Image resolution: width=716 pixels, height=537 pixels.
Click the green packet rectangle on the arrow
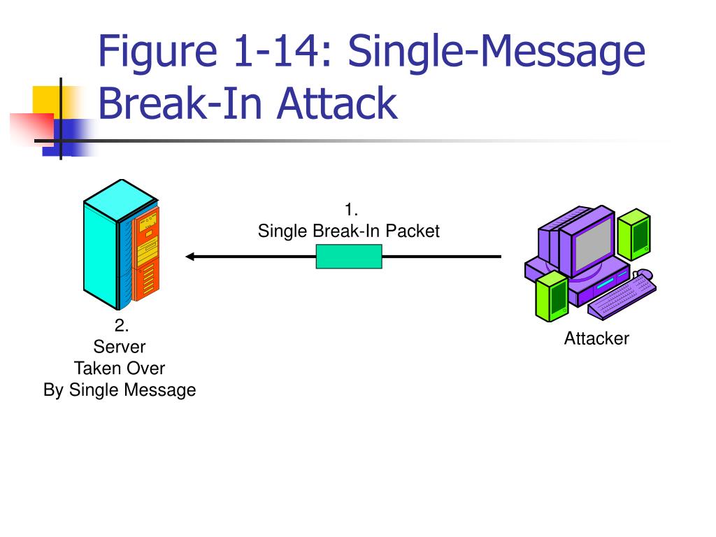point(349,257)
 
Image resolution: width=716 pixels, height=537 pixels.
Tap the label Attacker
point(596,338)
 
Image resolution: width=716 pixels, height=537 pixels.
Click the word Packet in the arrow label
point(413,231)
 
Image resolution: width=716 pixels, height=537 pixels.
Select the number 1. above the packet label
point(351,210)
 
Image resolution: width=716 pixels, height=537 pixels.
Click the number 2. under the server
point(121,325)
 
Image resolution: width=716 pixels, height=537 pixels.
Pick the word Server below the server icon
point(120,347)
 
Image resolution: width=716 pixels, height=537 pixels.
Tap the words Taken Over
point(120,368)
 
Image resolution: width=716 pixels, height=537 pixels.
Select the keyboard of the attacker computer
point(622,296)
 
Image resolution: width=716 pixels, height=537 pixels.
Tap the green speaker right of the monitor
point(633,234)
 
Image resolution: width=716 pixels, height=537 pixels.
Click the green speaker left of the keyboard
point(552,296)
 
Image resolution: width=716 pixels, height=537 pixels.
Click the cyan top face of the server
point(121,200)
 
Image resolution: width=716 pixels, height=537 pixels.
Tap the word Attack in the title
point(337,103)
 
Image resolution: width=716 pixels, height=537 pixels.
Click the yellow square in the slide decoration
point(50,101)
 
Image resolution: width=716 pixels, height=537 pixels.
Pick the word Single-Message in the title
point(497,52)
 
